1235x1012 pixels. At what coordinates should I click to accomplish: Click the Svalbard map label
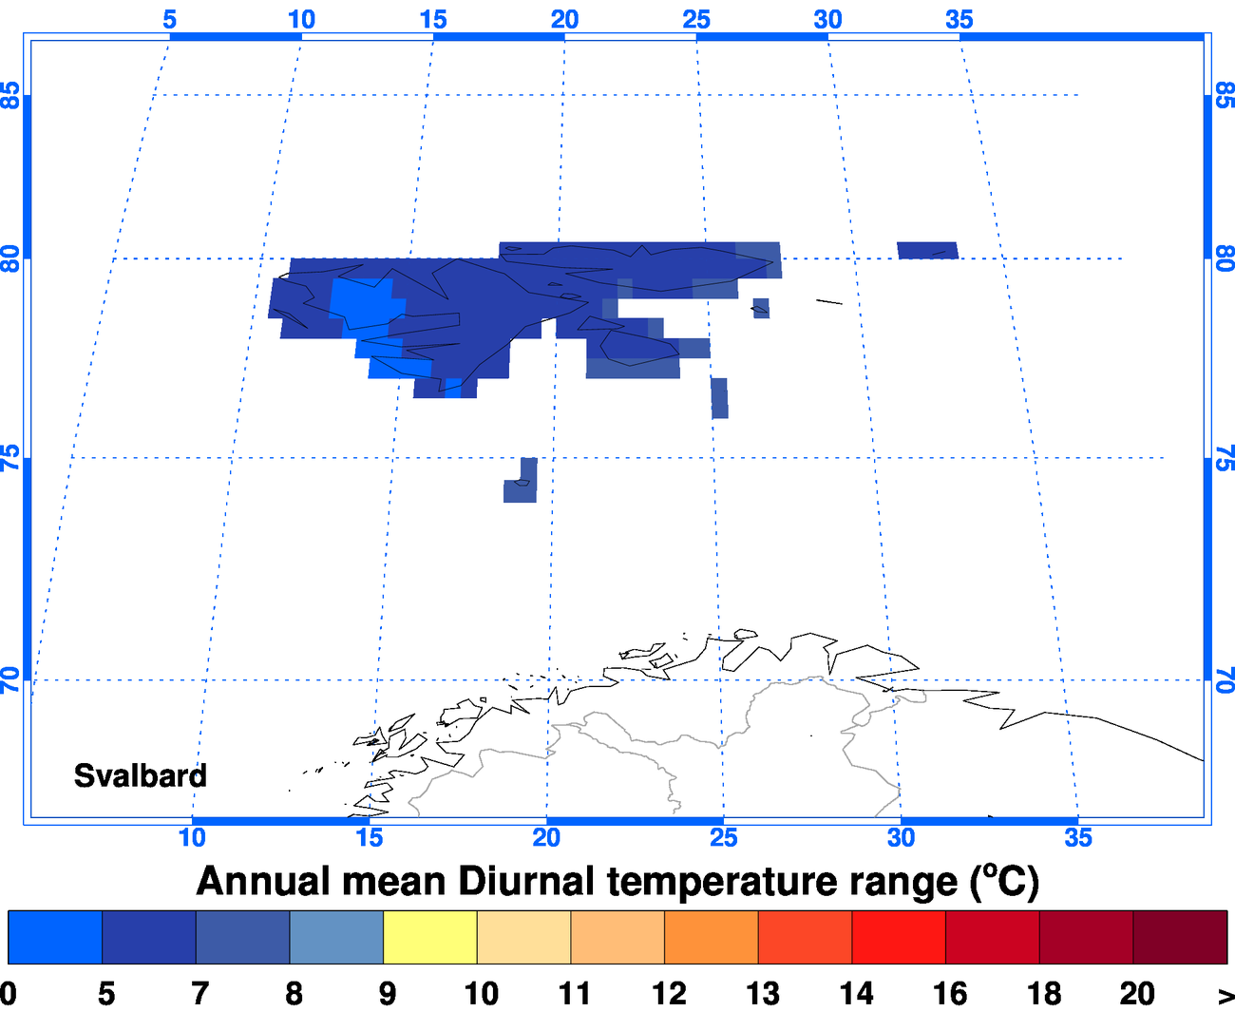(x=141, y=775)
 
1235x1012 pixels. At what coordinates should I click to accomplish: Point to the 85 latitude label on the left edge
(x=10, y=95)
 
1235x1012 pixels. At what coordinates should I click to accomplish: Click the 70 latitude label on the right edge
(x=1225, y=679)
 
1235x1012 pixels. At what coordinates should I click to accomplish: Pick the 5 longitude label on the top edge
(x=169, y=19)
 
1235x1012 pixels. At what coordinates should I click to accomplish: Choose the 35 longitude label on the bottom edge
(x=1078, y=837)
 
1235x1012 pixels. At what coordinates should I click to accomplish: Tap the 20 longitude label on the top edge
(x=564, y=19)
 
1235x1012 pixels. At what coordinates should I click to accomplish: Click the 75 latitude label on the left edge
(x=10, y=458)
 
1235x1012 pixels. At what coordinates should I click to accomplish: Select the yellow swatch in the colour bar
(x=429, y=937)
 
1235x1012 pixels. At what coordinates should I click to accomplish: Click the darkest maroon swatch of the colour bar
(x=1180, y=937)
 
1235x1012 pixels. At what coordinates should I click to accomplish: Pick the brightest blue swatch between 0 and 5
(x=54, y=937)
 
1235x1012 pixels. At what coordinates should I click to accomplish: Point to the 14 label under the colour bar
(x=856, y=993)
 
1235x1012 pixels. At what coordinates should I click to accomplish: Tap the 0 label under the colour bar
(x=8, y=993)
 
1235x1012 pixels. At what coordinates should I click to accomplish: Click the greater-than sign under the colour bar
(x=1225, y=995)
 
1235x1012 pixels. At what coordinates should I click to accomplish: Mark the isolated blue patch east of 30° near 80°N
(x=927, y=250)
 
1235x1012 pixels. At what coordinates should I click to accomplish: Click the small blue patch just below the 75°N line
(x=521, y=482)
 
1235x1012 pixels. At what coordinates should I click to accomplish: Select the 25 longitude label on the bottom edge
(x=724, y=837)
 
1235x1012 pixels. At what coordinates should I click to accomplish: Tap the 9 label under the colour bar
(x=388, y=993)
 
